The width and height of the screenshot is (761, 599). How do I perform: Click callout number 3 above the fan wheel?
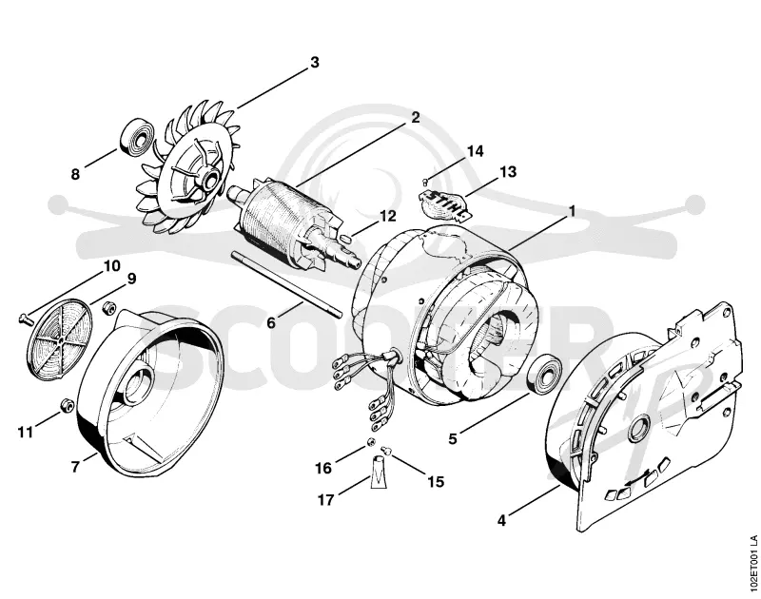click(x=315, y=63)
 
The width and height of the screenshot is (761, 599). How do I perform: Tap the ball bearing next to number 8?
click(x=137, y=137)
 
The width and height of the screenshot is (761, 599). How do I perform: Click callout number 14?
click(x=475, y=151)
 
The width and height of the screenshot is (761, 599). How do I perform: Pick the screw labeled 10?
click(x=26, y=318)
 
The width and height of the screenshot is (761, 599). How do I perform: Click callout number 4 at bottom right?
click(x=501, y=521)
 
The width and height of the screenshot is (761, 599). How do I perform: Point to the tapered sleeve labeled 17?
click(x=379, y=473)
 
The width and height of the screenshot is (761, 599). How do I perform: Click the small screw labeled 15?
click(x=387, y=450)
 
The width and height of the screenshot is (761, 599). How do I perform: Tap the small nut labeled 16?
click(x=371, y=441)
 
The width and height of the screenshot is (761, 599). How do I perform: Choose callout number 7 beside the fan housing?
click(x=75, y=467)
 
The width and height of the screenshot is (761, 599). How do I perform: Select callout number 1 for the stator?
click(x=572, y=211)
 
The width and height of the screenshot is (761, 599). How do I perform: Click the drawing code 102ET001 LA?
click(x=752, y=564)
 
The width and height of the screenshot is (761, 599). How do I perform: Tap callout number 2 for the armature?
click(x=416, y=117)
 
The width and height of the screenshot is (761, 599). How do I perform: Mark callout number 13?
click(x=508, y=172)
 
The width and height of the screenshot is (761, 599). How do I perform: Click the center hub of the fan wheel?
click(x=211, y=182)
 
